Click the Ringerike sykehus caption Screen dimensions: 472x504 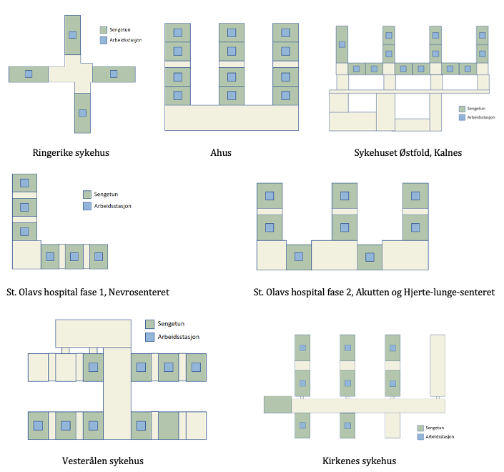[71, 152]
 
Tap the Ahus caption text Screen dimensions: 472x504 [221, 152]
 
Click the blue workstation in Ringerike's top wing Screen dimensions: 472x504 [72, 34]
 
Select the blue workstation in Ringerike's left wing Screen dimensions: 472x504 [29, 74]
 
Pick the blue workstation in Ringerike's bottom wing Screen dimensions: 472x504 [82, 112]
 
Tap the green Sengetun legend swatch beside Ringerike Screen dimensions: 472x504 [103, 30]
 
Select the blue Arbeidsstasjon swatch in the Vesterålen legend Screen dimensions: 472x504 [149, 337]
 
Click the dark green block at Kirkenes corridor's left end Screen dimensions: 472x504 [277, 405]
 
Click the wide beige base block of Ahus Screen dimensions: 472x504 [231, 117]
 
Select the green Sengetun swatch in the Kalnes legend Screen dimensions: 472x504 [463, 109]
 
